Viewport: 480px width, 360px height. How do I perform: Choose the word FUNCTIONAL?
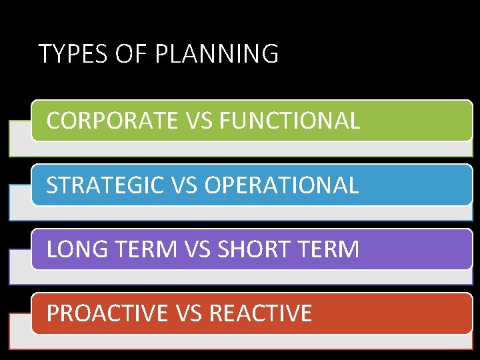tap(289, 121)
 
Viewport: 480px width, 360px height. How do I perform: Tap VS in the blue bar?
tap(183, 185)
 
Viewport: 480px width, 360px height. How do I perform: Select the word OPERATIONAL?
tap(281, 185)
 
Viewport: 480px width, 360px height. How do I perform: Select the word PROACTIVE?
tap(107, 313)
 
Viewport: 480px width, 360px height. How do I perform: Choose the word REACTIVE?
tap(261, 313)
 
